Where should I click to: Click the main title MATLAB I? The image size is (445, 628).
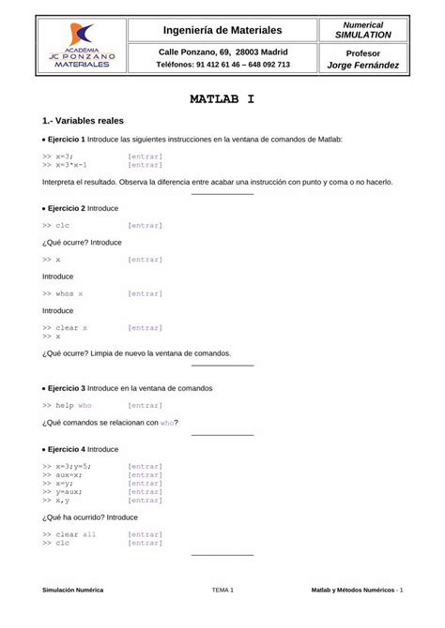[x=222, y=97]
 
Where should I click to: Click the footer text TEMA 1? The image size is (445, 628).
[x=222, y=590]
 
